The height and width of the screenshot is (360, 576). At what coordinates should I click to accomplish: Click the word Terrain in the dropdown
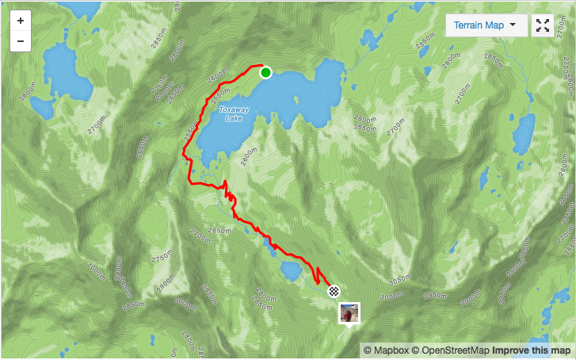471,25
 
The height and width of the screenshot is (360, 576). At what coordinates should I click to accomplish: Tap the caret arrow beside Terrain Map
513,25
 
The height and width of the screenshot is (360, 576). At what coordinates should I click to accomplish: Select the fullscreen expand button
543,25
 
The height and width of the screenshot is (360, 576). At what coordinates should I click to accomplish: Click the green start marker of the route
265,73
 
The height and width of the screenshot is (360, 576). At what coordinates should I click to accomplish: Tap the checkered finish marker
334,291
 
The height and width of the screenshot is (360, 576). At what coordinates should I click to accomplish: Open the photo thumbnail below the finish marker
349,313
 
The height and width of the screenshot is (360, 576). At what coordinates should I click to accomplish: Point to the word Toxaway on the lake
235,109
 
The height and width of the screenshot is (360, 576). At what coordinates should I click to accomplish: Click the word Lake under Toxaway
234,118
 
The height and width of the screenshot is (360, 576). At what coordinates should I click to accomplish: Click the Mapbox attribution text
386,350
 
